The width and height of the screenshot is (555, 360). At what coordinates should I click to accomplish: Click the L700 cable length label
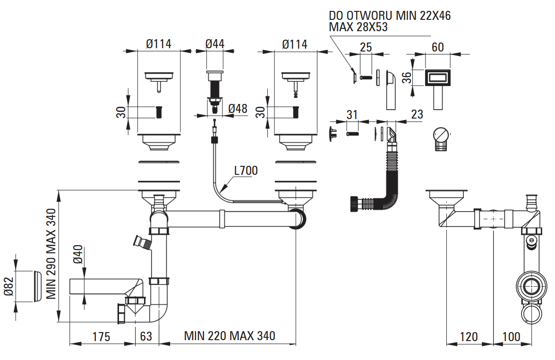tap(246, 171)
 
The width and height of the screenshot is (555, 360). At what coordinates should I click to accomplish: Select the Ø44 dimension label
tap(214, 44)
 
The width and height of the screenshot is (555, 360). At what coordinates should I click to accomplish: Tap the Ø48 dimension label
tap(238, 109)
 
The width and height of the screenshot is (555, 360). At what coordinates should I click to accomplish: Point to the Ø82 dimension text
tap(9, 286)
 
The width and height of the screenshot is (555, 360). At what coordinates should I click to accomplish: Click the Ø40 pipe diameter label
tap(78, 255)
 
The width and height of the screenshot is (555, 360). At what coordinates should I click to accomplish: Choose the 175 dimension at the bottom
tap(101, 337)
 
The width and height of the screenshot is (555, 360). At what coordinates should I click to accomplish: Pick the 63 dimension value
tap(146, 336)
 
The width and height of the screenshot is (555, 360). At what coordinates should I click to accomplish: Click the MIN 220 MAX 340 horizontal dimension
tap(230, 336)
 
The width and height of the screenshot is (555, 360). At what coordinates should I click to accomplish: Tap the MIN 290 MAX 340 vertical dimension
tap(51, 254)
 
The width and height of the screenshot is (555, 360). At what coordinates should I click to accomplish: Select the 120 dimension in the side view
tap(469, 337)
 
